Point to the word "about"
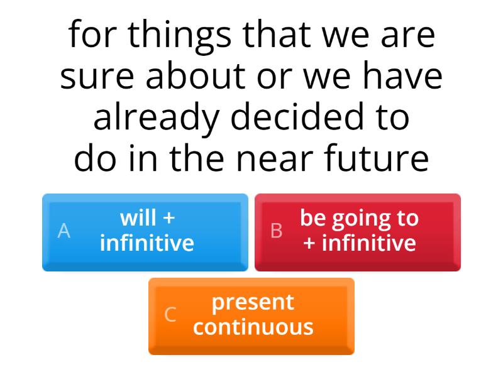click(x=196, y=77)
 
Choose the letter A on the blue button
click(x=64, y=231)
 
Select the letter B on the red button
click(x=276, y=231)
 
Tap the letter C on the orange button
click(x=170, y=315)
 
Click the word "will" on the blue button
click(x=138, y=219)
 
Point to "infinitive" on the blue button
click(x=147, y=243)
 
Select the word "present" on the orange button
click(x=253, y=302)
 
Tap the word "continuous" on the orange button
click(x=253, y=327)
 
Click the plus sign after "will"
click(x=168, y=219)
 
